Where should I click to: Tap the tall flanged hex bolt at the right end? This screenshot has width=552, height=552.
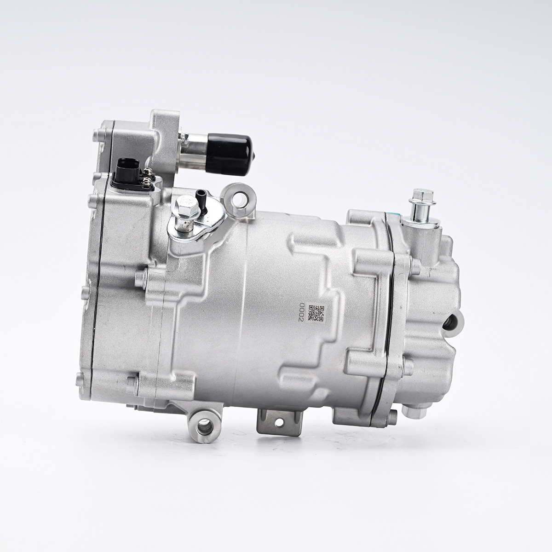click(421, 207)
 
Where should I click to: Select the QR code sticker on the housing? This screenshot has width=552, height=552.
click(316, 313)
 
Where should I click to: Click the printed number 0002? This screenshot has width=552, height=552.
click(301, 313)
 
